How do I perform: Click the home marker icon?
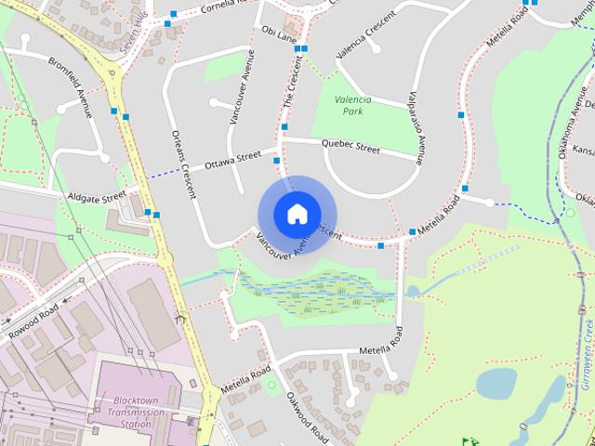[x=297, y=214]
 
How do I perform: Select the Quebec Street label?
[x=350, y=147]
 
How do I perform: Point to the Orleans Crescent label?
[x=182, y=163]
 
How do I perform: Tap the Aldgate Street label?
[x=97, y=196]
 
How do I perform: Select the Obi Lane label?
[x=279, y=34]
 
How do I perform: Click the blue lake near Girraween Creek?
[x=496, y=382]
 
